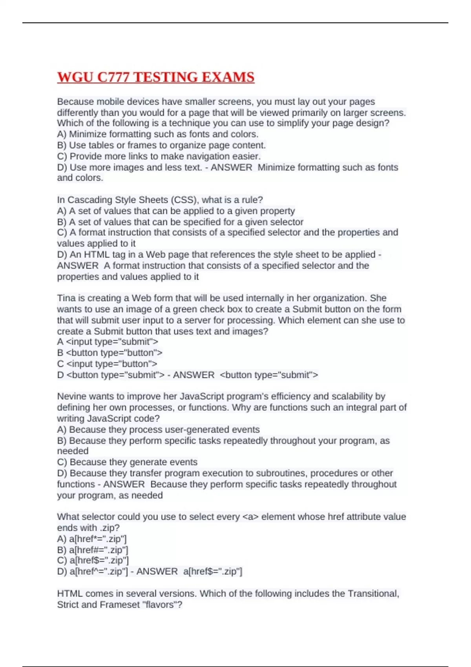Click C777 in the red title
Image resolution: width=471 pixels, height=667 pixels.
(x=113, y=77)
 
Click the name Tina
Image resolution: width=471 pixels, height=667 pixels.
(x=66, y=298)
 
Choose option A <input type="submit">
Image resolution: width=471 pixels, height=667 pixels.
(x=108, y=342)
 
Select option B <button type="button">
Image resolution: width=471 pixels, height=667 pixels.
(x=110, y=353)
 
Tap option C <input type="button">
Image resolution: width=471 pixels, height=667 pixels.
(x=107, y=364)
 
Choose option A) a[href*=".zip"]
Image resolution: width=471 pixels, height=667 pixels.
(x=92, y=539)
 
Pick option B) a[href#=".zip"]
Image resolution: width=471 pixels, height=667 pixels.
(x=93, y=550)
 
